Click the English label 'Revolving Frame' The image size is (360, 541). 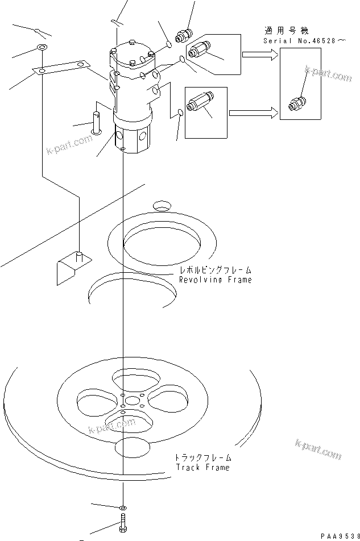pyautogui.click(x=215, y=280)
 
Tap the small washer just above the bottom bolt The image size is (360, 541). pyautogui.click(x=123, y=506)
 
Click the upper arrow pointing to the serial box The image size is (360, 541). pyautogui.click(x=259, y=55)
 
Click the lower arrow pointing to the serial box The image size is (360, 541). pyautogui.click(x=253, y=113)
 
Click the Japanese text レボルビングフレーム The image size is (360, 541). pyautogui.click(x=215, y=270)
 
